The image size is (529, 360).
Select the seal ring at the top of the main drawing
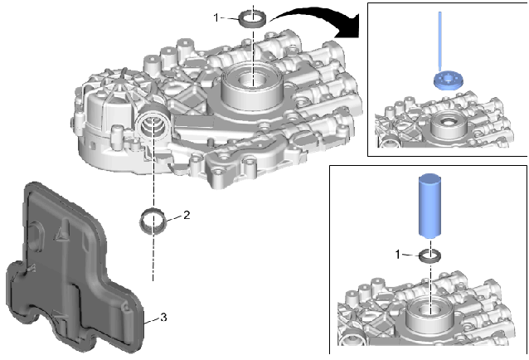click(x=253, y=17)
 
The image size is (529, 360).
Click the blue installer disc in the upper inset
click(x=446, y=80)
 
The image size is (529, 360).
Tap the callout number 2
click(x=187, y=215)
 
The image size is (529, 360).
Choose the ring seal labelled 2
click(x=154, y=221)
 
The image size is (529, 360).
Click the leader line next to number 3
click(x=151, y=317)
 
